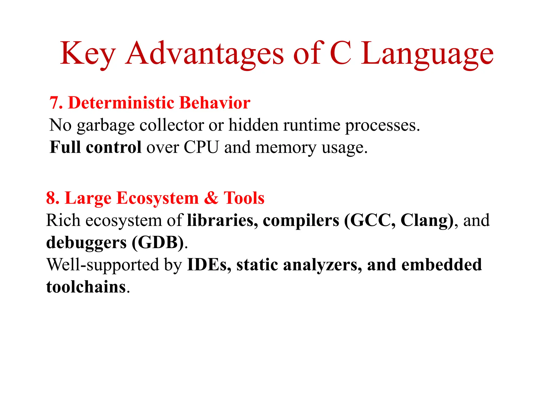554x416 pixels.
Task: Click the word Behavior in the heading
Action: tap(215, 103)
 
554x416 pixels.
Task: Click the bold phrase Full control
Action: tap(95, 147)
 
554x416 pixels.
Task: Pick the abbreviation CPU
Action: tap(201, 147)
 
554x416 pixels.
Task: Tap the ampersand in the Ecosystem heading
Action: tap(211, 198)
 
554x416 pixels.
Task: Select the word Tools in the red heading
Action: tap(244, 198)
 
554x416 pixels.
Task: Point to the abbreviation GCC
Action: tap(372, 220)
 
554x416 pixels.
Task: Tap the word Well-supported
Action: tap(103, 265)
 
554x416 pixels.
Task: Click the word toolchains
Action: tap(86, 287)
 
